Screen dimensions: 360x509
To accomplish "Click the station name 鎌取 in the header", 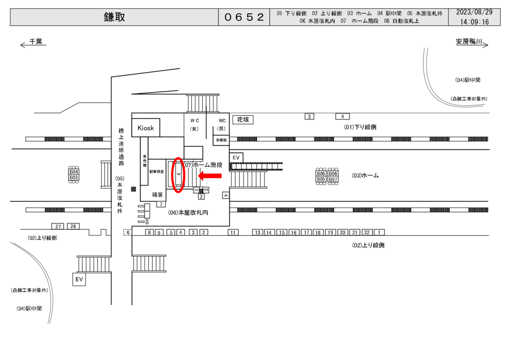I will pos(114,17).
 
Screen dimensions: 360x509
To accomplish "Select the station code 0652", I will pos(244,17).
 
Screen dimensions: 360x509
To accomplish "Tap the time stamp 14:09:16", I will pos(474,22).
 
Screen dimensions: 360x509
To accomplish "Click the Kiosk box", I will pos(146,128).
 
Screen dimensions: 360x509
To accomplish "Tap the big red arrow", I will pos(210,175).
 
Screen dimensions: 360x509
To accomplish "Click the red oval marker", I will pos(177,175).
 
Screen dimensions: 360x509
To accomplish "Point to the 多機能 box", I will pos(221,140).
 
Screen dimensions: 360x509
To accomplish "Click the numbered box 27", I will pos(58,226).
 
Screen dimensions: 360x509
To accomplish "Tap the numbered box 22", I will pos(367,232).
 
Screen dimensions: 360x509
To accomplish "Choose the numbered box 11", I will pos(233,232).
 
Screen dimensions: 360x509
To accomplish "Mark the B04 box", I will pos(74,172).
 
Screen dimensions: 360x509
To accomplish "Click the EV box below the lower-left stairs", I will pos(79,279).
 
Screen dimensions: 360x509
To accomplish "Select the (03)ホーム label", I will pos(365,176).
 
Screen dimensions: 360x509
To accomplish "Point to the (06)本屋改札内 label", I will pos(188,212).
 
